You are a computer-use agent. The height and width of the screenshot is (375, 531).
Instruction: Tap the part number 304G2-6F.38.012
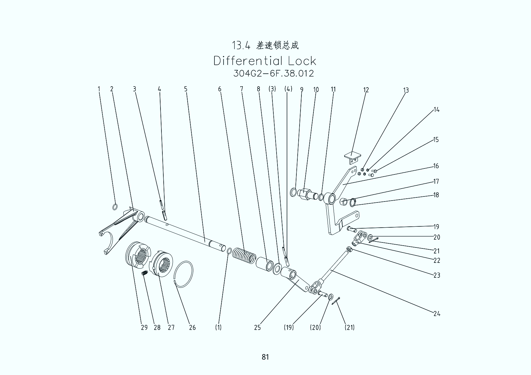pyautogui.click(x=273, y=73)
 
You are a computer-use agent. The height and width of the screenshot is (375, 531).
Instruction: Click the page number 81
pyautogui.click(x=265, y=357)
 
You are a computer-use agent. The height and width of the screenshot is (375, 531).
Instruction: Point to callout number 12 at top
pyautogui.click(x=366, y=90)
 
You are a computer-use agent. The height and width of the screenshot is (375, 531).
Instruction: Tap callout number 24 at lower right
pyautogui.click(x=436, y=314)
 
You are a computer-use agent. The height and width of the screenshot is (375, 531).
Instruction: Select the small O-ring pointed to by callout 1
pyautogui.click(x=115, y=207)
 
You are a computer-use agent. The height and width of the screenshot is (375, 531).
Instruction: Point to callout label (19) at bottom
pyautogui.click(x=289, y=327)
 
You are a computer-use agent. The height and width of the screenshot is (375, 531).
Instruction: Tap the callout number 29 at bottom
pyautogui.click(x=144, y=327)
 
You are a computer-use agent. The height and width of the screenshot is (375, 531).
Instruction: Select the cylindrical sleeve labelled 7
pyautogui.click(x=265, y=263)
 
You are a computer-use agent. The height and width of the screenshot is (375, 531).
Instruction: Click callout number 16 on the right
pyautogui.click(x=436, y=166)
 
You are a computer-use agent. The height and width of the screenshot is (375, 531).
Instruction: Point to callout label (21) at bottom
pyautogui.click(x=349, y=327)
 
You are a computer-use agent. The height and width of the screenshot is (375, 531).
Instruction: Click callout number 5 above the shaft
pyautogui.click(x=186, y=89)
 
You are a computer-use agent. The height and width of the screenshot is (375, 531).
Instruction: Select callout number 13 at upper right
pyautogui.click(x=406, y=90)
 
